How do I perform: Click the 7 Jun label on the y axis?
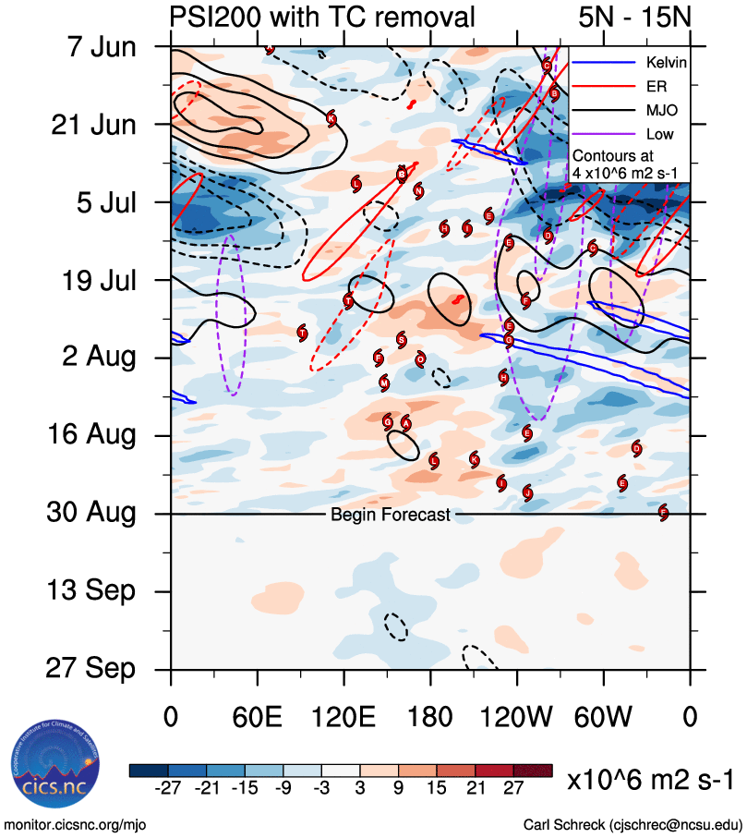tap(90, 45)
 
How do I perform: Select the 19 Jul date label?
tap(90, 279)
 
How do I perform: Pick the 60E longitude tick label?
tap(257, 718)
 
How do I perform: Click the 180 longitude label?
tap(430, 718)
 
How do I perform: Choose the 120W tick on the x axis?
tap(516, 718)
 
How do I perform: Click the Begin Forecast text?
tap(391, 515)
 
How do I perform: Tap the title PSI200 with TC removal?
tap(323, 16)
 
